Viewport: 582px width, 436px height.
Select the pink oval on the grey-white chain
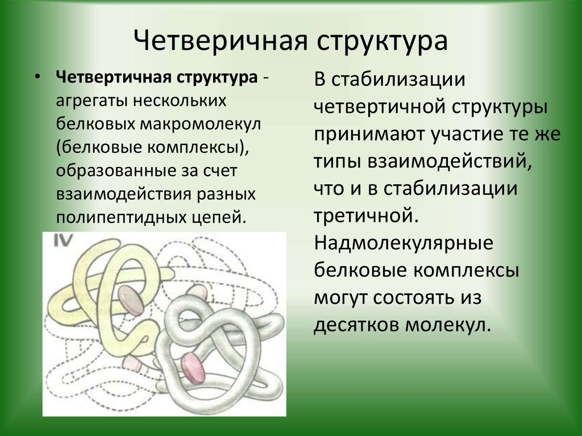[193, 368]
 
